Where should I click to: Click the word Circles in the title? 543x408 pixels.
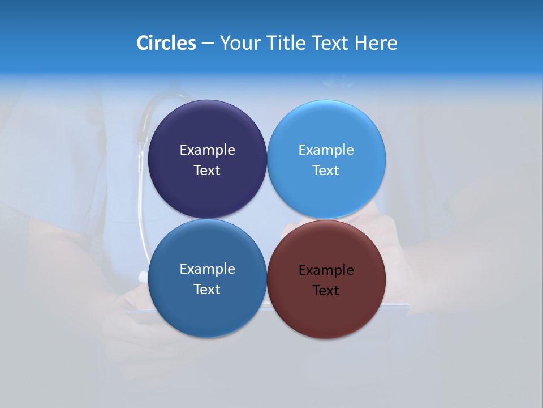pyautogui.click(x=166, y=43)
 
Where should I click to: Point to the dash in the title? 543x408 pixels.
pyautogui.click(x=208, y=44)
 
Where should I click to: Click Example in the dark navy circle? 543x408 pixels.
pyautogui.click(x=207, y=150)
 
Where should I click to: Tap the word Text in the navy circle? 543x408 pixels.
pyautogui.click(x=207, y=170)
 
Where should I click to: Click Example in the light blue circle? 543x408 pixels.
pyautogui.click(x=326, y=150)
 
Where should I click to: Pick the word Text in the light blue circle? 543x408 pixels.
pyautogui.click(x=326, y=170)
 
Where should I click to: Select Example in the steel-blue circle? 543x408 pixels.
pyautogui.click(x=207, y=269)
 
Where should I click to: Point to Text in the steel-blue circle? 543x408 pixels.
pyautogui.click(x=207, y=289)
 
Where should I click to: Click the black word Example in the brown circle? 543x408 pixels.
pyautogui.click(x=326, y=270)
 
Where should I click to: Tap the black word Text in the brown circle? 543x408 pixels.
pyautogui.click(x=326, y=290)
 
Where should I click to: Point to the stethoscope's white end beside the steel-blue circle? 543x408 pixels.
pyautogui.click(x=143, y=277)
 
